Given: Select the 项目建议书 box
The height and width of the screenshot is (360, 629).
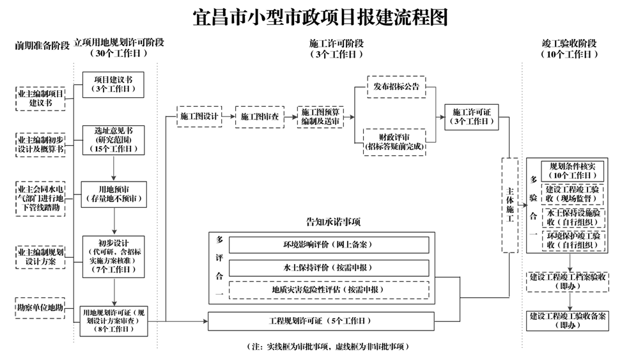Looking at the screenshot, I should point(113,84).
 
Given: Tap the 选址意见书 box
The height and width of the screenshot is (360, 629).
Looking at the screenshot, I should point(113,139).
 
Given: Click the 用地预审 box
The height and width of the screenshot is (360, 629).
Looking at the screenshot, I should point(113,194).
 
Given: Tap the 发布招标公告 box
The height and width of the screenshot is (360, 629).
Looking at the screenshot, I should point(396,86).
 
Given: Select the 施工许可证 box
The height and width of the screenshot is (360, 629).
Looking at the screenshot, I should point(472,116).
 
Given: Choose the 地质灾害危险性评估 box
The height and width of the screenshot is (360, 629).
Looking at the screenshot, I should point(329,290).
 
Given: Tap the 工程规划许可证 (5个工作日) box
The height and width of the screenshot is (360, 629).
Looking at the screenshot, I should point(321,320).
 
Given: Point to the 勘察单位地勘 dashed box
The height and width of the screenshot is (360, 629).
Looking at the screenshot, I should point(40,308).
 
